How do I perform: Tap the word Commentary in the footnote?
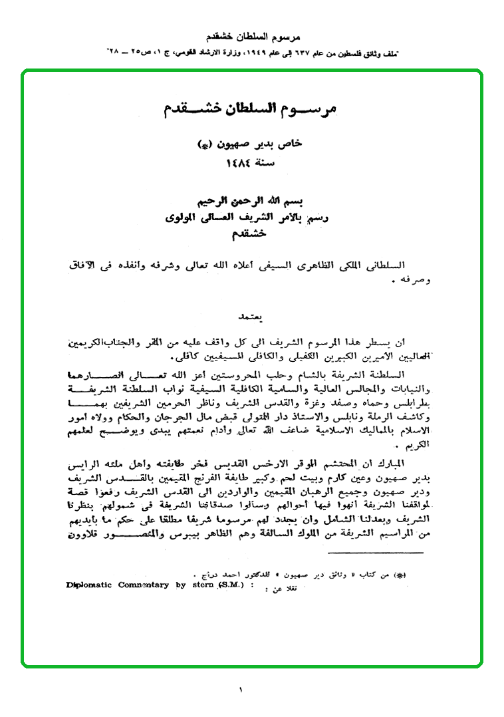pyautogui.click(x=144, y=585)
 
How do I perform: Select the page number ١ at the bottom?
pyautogui.click(x=241, y=690)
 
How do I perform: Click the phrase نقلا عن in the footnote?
pyautogui.click(x=282, y=588)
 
